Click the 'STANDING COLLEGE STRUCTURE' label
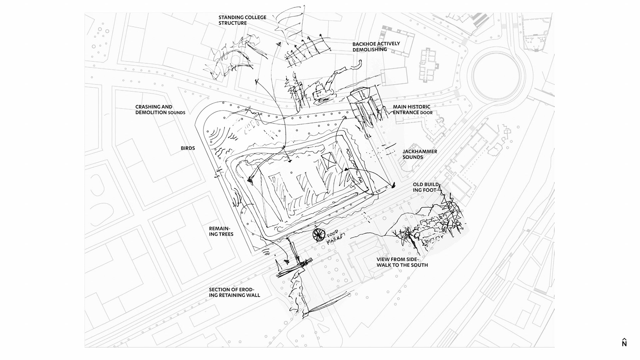pyautogui.click(x=242, y=20)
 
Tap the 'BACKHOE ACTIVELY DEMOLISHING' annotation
pyautogui.click(x=376, y=47)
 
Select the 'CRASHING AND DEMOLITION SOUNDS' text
pyautogui.click(x=160, y=110)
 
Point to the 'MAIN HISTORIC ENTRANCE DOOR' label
pyautogui.click(x=412, y=110)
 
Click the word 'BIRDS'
pyautogui.click(x=188, y=148)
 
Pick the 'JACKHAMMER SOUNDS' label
pyautogui.click(x=420, y=154)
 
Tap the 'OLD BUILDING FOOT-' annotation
pyautogui.click(x=426, y=187)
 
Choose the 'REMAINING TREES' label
pyautogui.click(x=221, y=231)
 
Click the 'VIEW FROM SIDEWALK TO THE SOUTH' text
pyautogui.click(x=402, y=262)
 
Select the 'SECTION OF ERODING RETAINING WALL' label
pyautogui.click(x=234, y=292)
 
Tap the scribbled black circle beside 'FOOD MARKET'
pyautogui.click(x=319, y=235)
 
